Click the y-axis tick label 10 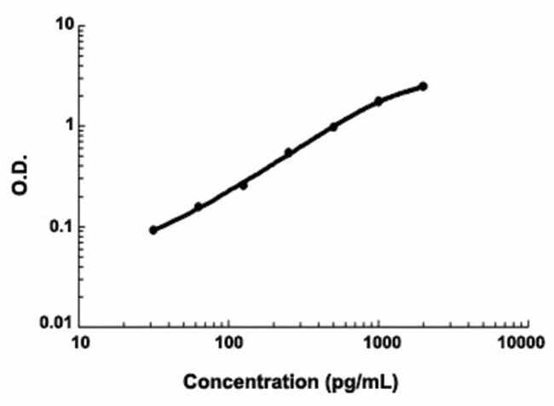62,26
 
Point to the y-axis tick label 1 66,126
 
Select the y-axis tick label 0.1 60,227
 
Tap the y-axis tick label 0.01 55,325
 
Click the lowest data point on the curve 153,230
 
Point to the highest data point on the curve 424,86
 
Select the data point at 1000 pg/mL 378,101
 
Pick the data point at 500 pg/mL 333,127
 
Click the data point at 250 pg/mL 288,153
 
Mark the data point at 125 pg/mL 243,184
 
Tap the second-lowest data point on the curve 199,206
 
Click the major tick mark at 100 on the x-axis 228,325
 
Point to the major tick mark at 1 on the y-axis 82,126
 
